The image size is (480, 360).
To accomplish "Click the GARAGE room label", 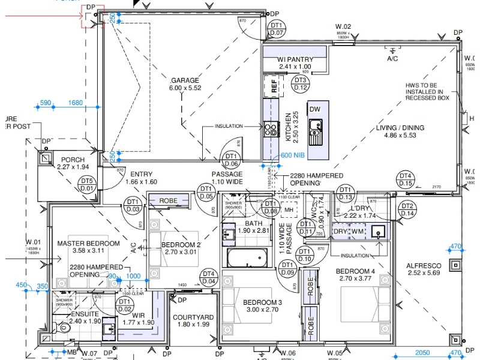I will tap(185, 80).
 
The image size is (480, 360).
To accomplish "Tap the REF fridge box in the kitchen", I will tap(274, 86).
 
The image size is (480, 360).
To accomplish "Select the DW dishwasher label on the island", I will tap(314, 109).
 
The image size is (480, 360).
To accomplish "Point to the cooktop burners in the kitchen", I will tap(270, 128).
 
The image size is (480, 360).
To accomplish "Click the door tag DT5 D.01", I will tap(87, 184).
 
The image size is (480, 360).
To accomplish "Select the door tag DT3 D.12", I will tap(300, 84).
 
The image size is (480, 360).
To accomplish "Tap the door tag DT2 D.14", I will tap(407, 209).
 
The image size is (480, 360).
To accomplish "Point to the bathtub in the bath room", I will tap(247, 259).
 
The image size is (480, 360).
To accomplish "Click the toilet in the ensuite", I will tap(65, 328).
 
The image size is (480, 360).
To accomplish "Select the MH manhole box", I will tap(289, 209).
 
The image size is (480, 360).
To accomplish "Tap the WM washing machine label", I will tap(357, 231).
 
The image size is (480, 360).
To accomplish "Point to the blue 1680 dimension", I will tap(76, 103).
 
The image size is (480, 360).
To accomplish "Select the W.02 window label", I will tap(343, 27).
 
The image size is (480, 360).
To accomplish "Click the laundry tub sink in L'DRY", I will tap(378, 231).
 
